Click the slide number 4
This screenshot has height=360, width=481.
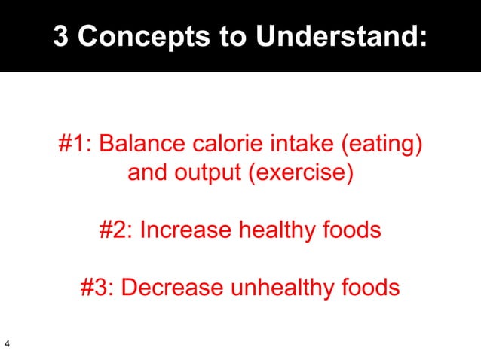7,345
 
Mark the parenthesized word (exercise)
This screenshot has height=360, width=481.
300,174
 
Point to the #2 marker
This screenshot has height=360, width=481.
116,229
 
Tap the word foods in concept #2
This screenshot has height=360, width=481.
354,229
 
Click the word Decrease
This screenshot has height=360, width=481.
174,288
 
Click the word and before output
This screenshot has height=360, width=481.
148,173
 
